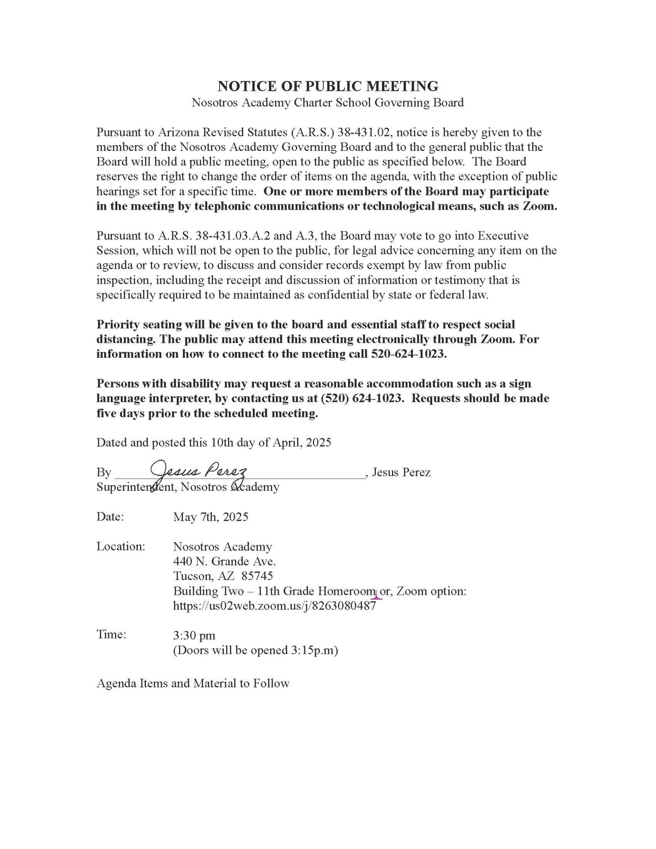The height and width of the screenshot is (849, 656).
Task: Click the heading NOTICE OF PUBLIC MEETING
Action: pyautogui.click(x=328, y=86)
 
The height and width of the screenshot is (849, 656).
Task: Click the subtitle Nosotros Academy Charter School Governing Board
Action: pyautogui.click(x=327, y=102)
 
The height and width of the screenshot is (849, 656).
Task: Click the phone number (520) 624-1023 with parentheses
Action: pyautogui.click(x=362, y=398)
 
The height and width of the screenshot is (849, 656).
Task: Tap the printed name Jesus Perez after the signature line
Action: pyautogui.click(x=401, y=472)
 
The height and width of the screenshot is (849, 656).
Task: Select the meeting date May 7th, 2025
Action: pyautogui.click(x=211, y=517)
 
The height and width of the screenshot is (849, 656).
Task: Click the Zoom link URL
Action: pyautogui.click(x=274, y=606)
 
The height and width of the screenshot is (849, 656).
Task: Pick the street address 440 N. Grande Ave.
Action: pyautogui.click(x=224, y=561)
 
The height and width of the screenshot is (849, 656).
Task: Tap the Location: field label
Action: pyautogui.click(x=121, y=546)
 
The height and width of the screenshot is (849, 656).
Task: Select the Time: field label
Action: pyautogui.click(x=111, y=634)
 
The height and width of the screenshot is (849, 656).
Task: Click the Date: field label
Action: pyautogui.click(x=110, y=517)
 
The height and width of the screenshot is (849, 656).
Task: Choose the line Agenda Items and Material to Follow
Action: pyautogui.click(x=193, y=683)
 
